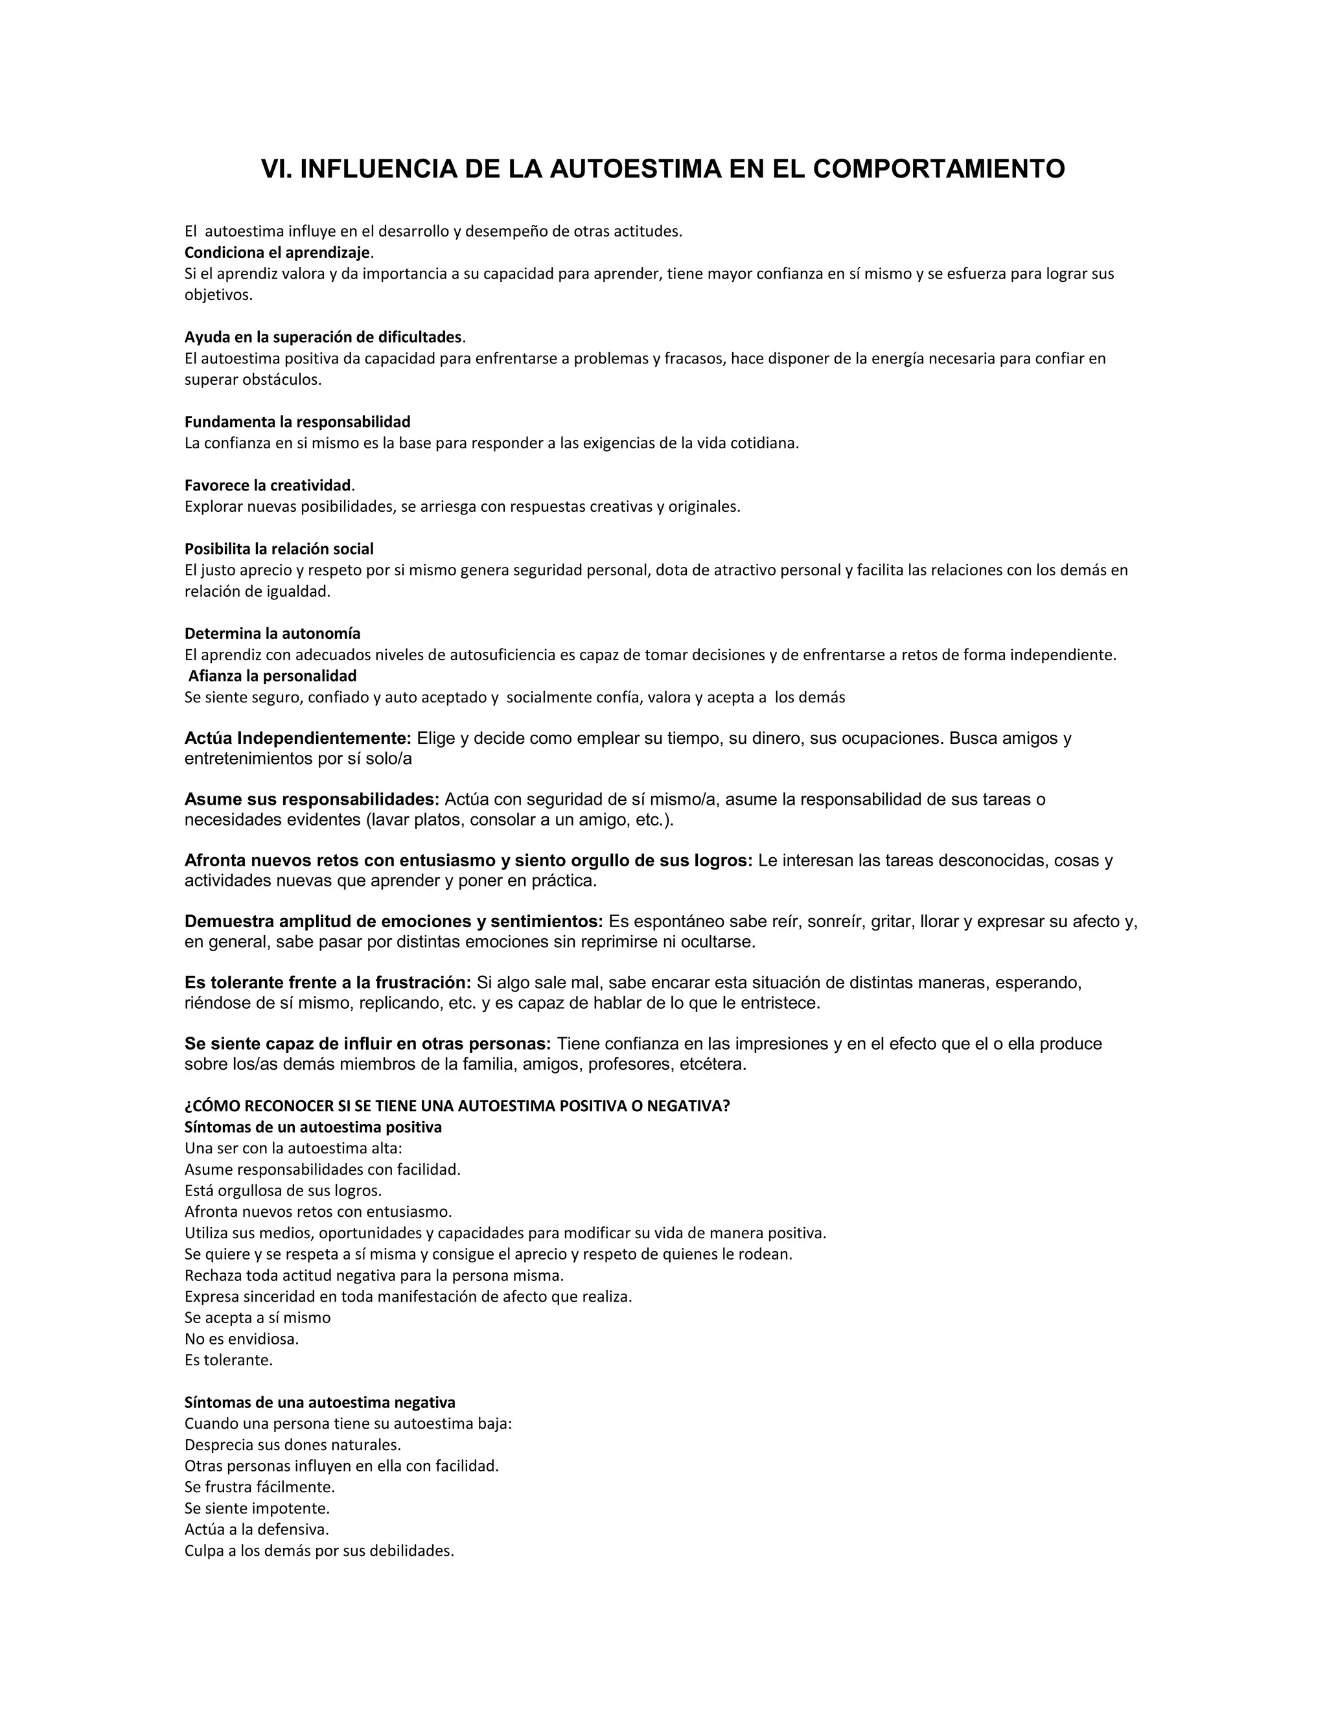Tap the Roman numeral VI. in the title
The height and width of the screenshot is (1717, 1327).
click(276, 169)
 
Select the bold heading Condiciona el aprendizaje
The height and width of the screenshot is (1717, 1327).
click(277, 252)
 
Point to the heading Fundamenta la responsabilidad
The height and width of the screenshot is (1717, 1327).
click(297, 422)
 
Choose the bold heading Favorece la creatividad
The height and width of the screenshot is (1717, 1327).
click(268, 485)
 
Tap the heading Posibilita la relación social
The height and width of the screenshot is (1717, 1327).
click(279, 549)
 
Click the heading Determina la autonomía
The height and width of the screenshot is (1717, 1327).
click(273, 633)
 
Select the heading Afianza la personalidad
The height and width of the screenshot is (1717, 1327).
click(272, 675)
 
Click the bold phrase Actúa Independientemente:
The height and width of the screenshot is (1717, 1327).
click(298, 738)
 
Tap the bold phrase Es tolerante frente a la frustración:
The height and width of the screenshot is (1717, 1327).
click(328, 983)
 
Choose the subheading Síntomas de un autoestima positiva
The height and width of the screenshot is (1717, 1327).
click(313, 1127)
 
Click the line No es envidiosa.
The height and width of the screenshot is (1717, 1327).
click(241, 1338)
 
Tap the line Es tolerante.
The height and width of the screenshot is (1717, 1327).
click(228, 1359)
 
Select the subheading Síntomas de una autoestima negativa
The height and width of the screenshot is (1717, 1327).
click(320, 1401)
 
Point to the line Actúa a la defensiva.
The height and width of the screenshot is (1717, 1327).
click(257, 1529)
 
